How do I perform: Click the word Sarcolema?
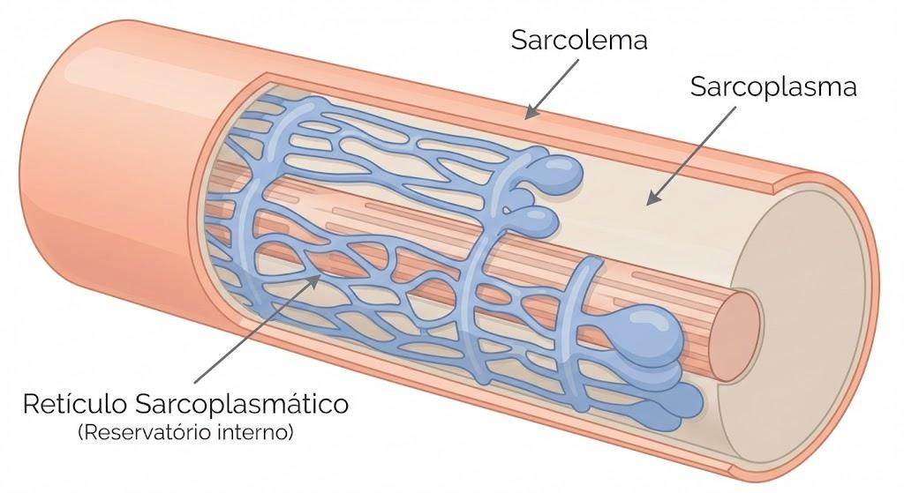pyautogui.click(x=579, y=41)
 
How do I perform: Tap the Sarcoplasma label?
pyautogui.click(x=773, y=87)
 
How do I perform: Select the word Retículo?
pyautogui.click(x=75, y=404)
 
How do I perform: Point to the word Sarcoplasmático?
pyautogui.click(x=241, y=405)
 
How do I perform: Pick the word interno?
pyautogui.click(x=251, y=432)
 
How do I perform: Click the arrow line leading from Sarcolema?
pyautogui.click(x=553, y=88)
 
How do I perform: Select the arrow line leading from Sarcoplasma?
pyautogui.click(x=690, y=155)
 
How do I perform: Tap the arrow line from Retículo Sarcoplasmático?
pyautogui.click(x=258, y=328)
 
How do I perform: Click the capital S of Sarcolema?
pyautogui.click(x=519, y=41)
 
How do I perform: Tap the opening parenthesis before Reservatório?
pyautogui.click(x=80, y=432)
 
